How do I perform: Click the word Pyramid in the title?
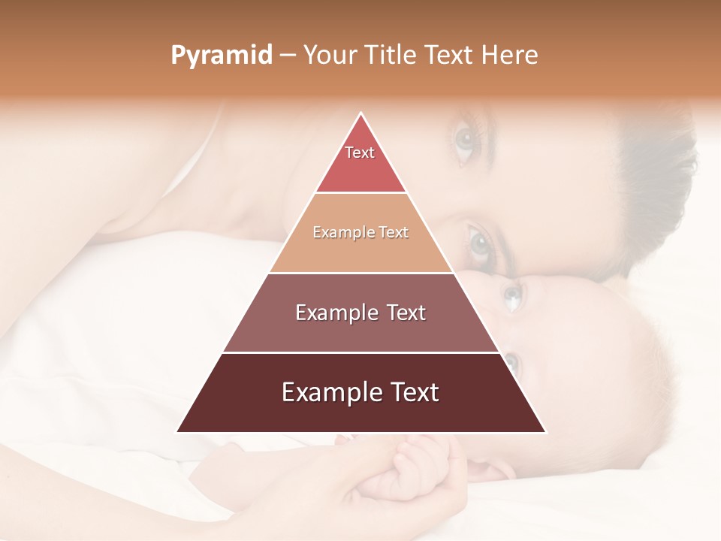pos(221,55)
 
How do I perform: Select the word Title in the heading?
pos(391,55)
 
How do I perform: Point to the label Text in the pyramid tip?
pos(360,153)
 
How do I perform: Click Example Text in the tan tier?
pos(360,232)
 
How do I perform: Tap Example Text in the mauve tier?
pos(360,313)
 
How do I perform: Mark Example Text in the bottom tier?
pos(360,392)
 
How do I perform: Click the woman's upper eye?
pos(466,140)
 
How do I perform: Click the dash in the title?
pos(288,55)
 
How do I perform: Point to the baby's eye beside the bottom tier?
pos(511,364)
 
